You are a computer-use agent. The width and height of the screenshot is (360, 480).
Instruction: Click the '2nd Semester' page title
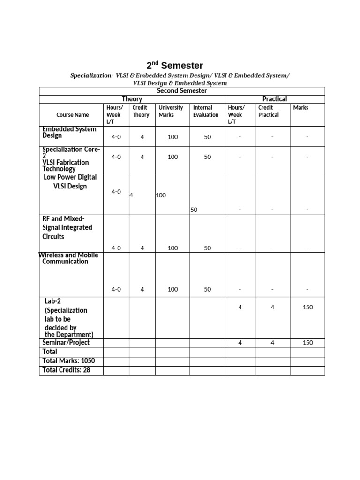[174, 66]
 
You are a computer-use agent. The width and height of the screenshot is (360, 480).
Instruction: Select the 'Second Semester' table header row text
[181, 90]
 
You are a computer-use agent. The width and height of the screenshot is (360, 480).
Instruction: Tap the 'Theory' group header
[132, 99]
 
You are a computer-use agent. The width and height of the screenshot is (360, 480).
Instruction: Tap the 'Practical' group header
[275, 99]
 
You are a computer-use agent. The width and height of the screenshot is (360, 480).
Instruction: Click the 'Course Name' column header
[72, 115]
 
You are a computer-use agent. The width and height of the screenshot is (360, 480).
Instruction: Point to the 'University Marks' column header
[171, 111]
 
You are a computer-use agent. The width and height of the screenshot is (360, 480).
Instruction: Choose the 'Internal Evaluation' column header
[206, 111]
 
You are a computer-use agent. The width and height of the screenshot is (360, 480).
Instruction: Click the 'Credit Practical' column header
[269, 111]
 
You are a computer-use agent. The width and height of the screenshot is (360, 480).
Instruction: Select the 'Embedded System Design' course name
[69, 132]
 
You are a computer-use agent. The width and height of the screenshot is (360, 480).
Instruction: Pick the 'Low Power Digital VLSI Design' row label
[70, 182]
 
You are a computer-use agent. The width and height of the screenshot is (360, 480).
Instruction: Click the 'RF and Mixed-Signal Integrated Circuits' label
[67, 227]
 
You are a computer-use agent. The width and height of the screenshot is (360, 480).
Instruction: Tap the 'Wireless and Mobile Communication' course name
[68, 258]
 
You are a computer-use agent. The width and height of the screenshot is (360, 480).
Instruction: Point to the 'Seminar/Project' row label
[66, 343]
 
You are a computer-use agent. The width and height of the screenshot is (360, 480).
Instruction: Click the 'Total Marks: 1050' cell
[68, 361]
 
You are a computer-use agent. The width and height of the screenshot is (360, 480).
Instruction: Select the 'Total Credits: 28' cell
[66, 370]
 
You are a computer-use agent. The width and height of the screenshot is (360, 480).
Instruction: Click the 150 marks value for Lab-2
[307, 307]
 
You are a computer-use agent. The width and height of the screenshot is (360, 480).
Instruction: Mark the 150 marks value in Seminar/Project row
[307, 343]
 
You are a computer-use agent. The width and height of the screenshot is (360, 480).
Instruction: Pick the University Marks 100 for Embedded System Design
[173, 137]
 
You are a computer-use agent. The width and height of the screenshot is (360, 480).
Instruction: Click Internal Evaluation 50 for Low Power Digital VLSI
[194, 210]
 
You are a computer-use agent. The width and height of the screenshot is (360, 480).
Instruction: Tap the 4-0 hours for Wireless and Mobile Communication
[116, 289]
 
